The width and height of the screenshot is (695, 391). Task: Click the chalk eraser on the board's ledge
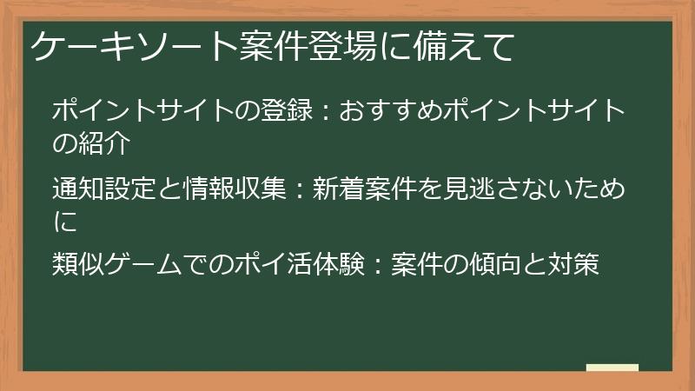(612, 368)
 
